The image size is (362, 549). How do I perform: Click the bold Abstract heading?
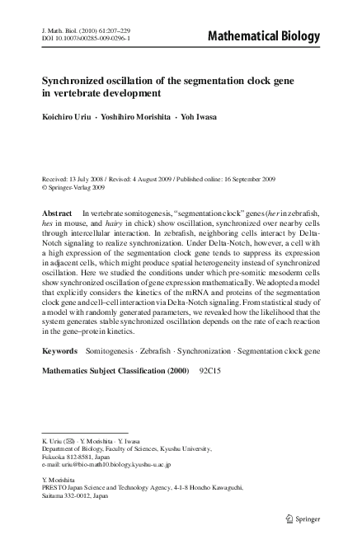pyautogui.click(x=58, y=213)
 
